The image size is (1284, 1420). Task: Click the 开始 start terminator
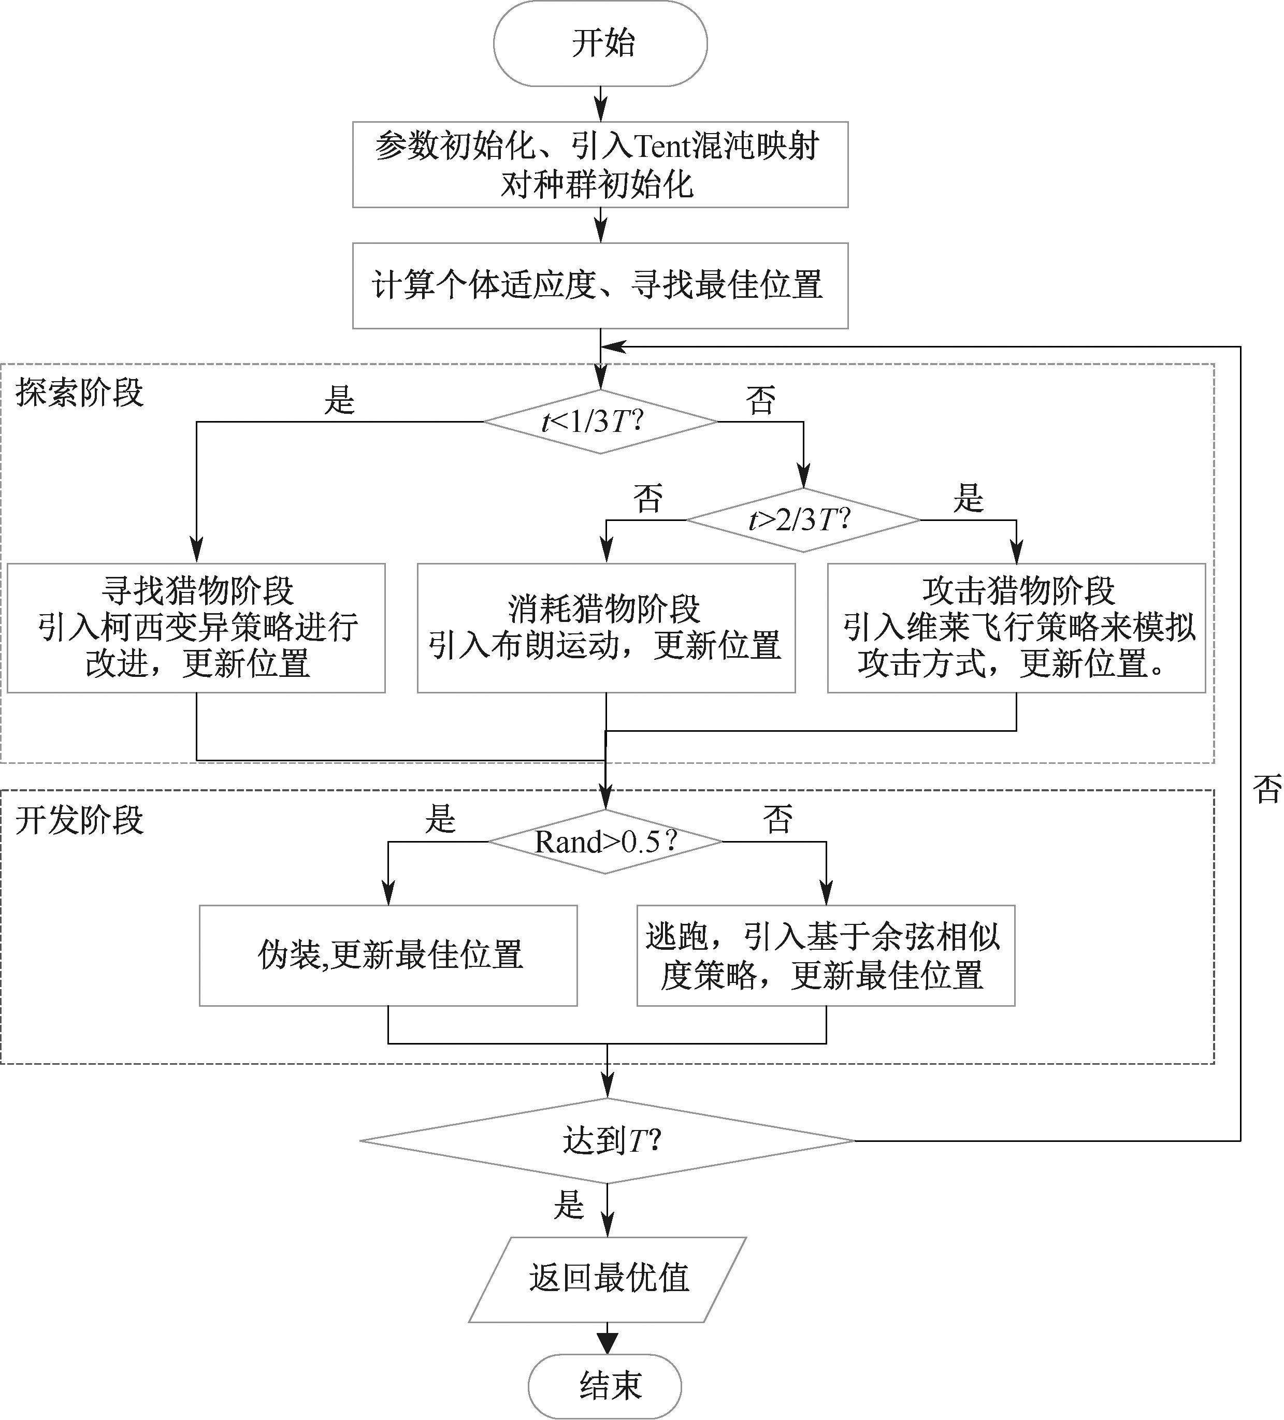tap(600, 44)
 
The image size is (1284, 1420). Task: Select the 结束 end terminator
tap(605, 1385)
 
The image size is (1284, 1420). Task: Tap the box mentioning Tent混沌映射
tap(600, 165)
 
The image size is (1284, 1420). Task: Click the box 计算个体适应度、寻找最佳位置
tap(600, 285)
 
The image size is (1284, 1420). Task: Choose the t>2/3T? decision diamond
tap(803, 520)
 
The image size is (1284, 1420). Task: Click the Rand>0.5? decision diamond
tap(605, 842)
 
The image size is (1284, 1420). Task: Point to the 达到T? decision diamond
tap(607, 1140)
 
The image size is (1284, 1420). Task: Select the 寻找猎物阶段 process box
tap(196, 628)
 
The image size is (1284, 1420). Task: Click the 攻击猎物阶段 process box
tap(1016, 628)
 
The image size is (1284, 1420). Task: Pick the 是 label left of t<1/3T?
tap(339, 400)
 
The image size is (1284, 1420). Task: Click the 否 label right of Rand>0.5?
tap(777, 819)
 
